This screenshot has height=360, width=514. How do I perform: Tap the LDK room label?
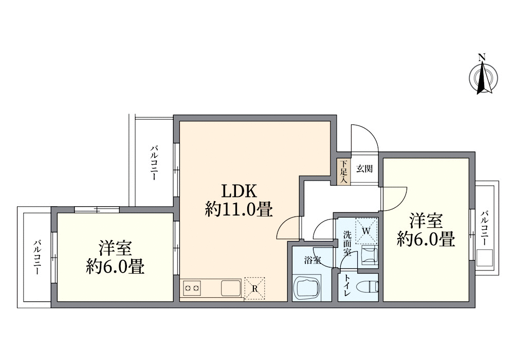[238, 191]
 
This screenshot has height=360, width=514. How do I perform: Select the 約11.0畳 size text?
[238, 210]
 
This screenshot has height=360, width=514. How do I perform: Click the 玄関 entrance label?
[364, 168]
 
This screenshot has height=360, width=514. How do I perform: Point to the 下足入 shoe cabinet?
[343, 171]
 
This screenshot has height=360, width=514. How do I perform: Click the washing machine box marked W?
[366, 231]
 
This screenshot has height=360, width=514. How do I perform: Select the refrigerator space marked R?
[255, 288]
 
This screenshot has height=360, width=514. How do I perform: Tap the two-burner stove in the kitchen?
[192, 288]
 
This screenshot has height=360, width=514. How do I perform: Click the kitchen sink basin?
[231, 287]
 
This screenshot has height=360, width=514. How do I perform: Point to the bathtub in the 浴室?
[307, 288]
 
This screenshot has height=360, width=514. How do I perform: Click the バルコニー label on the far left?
[38, 257]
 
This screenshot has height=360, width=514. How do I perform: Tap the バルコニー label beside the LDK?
[154, 163]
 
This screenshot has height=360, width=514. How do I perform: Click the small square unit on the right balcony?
[485, 258]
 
